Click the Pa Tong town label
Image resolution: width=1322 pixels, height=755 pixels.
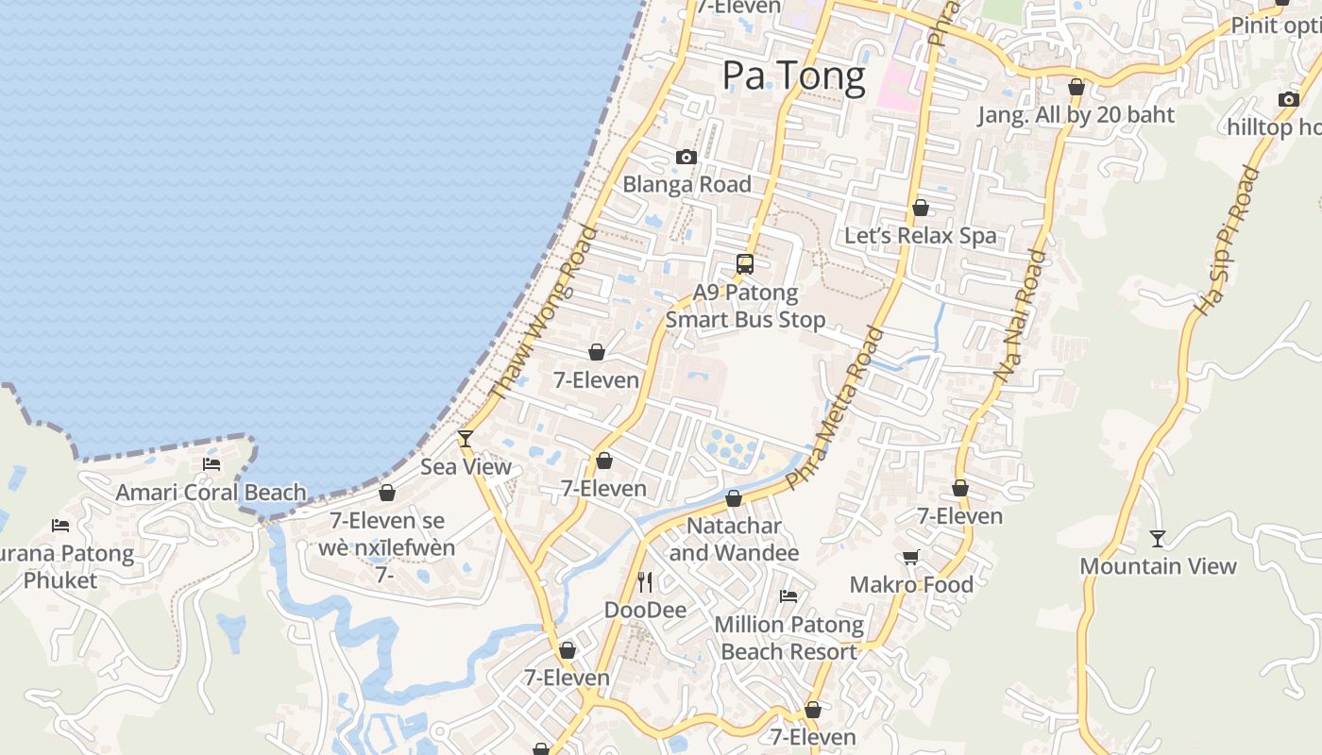pyautogui.click(x=793, y=75)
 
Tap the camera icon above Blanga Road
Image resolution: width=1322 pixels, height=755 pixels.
pyautogui.click(x=686, y=157)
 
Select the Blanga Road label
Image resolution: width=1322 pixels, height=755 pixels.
pyautogui.click(x=686, y=184)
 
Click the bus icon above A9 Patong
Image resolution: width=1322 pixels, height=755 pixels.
pyautogui.click(x=745, y=264)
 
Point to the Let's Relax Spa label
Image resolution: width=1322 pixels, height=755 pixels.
pyautogui.click(x=920, y=235)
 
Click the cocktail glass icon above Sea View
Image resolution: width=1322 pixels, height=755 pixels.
pyautogui.click(x=465, y=439)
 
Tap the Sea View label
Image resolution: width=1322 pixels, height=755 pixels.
pyautogui.click(x=466, y=466)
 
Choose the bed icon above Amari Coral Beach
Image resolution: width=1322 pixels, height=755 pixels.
pyautogui.click(x=212, y=464)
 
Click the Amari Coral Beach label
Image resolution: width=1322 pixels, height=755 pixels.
pyautogui.click(x=211, y=492)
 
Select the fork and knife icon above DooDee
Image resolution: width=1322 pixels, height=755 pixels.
pyautogui.click(x=645, y=581)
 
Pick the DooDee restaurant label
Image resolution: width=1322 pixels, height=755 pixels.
pyautogui.click(x=645, y=610)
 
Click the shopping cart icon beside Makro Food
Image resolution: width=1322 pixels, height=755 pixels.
pyautogui.click(x=910, y=557)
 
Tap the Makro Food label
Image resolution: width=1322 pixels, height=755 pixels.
pyautogui.click(x=911, y=585)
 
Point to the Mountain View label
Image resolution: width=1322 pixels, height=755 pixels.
pyautogui.click(x=1158, y=566)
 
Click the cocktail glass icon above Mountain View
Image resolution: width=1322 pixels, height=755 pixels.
pyautogui.click(x=1158, y=539)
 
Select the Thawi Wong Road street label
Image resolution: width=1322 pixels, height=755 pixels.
pyautogui.click(x=544, y=312)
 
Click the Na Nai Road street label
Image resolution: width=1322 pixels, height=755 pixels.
pyautogui.click(x=1021, y=315)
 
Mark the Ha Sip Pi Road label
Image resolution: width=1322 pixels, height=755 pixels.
pyautogui.click(x=1227, y=242)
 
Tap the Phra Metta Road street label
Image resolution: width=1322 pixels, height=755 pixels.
pyautogui.click(x=836, y=408)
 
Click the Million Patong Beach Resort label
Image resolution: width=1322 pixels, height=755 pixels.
pyautogui.click(x=788, y=638)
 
